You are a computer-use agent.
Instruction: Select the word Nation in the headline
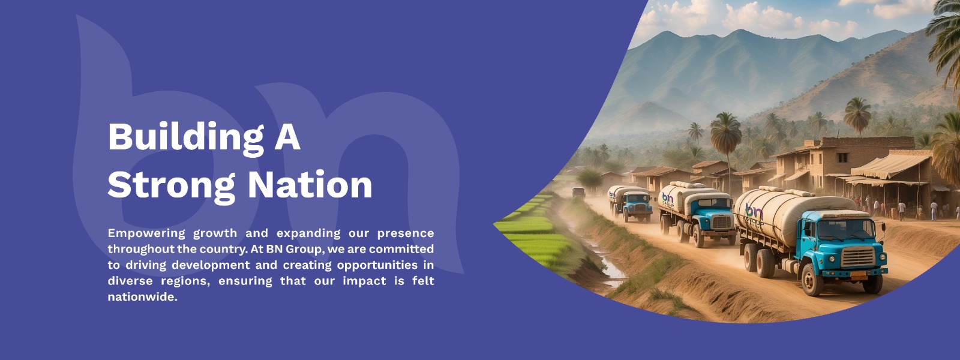pyautogui.click(x=310, y=185)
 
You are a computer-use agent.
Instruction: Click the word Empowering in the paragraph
pyautogui.click(x=146, y=233)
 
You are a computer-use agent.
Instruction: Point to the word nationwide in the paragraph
pyautogui.click(x=142, y=296)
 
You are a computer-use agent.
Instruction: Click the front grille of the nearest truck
pyautogui.click(x=857, y=257)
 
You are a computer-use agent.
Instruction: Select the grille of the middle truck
pyautogui.click(x=722, y=221)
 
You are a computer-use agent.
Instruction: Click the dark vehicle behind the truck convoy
pyautogui.click(x=578, y=193)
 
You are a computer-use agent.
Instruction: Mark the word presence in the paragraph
pyautogui.click(x=406, y=234)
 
